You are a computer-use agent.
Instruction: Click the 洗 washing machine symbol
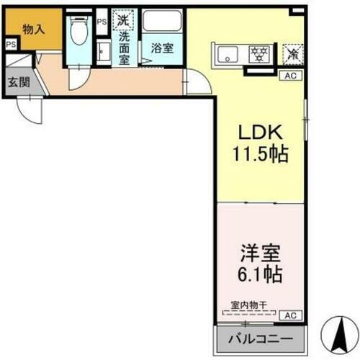coord(123,20)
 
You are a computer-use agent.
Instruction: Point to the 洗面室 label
coord(124,47)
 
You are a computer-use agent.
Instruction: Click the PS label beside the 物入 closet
coord(10,45)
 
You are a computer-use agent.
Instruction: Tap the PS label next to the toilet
coord(102,22)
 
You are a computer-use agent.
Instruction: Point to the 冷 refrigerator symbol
coord(292,52)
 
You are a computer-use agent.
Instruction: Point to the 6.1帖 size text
coord(258,274)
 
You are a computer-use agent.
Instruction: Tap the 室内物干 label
coord(249,306)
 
